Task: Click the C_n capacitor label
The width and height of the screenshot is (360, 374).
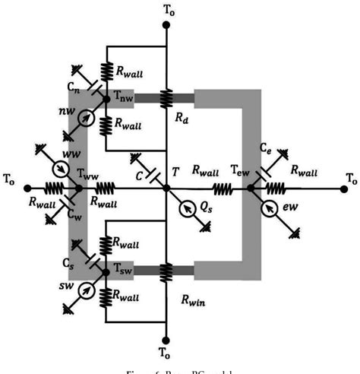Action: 73,89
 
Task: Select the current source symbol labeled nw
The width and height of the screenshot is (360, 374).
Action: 90,118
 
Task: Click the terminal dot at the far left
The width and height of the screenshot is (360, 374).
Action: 27,187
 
